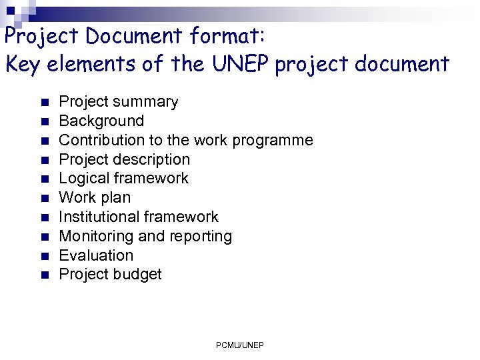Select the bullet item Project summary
[119, 102]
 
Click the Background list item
[101, 121]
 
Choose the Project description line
[125, 159]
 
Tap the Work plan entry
[95, 197]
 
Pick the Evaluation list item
[96, 255]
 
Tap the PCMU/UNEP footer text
[240, 345]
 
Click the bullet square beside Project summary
[44, 103]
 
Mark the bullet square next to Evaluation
[44, 256]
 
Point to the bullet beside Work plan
[44, 198]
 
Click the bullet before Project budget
[44, 275]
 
